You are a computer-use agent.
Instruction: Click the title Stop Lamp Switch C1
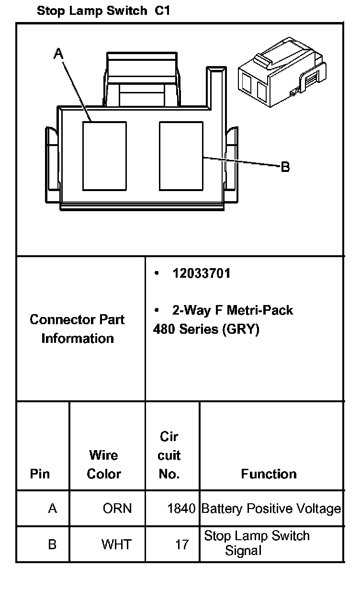tap(103, 11)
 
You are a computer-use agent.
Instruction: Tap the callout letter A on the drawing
tap(58, 54)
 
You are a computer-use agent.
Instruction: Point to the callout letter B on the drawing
tap(285, 167)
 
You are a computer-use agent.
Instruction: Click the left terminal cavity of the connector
tap(104, 155)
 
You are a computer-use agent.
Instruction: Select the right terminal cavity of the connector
tap(181, 155)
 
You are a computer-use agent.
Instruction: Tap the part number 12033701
tap(202, 273)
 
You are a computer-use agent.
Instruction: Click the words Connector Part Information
tap(77, 329)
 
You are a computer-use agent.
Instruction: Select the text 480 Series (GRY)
tap(206, 330)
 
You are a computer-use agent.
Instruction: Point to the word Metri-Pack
tap(259, 310)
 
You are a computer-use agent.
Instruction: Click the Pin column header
tap(40, 474)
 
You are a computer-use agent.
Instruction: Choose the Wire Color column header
tap(104, 464)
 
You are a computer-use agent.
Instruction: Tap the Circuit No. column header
tap(169, 455)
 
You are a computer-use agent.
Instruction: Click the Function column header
tap(269, 474)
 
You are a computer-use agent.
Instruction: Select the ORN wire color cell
tap(117, 509)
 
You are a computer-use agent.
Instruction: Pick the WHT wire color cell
tap(116, 544)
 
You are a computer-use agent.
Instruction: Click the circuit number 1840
tap(181, 509)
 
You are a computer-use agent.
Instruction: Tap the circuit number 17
tap(181, 544)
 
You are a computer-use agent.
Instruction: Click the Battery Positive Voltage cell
tap(271, 509)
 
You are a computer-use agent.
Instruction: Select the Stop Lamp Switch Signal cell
tap(257, 543)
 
